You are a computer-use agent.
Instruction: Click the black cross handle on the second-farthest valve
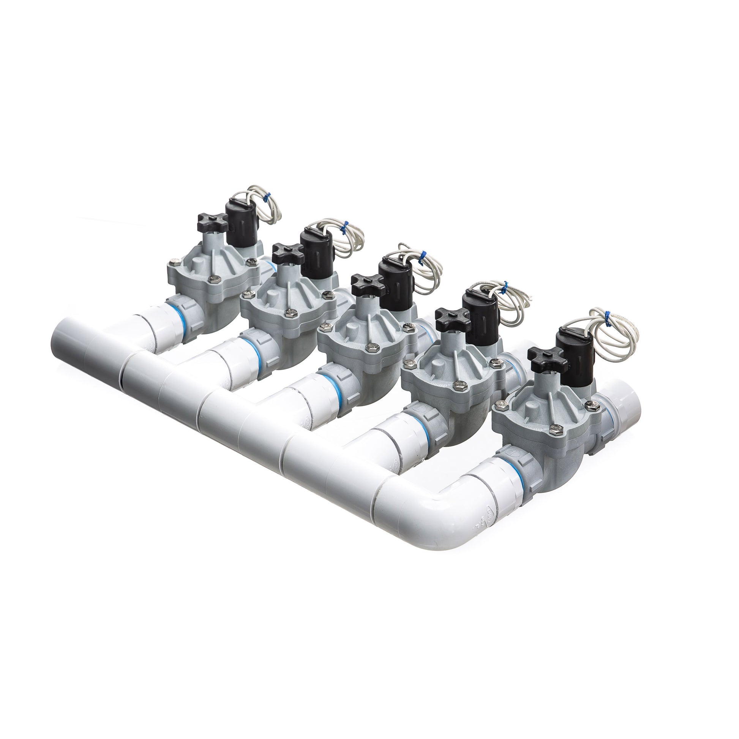click(287, 251)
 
